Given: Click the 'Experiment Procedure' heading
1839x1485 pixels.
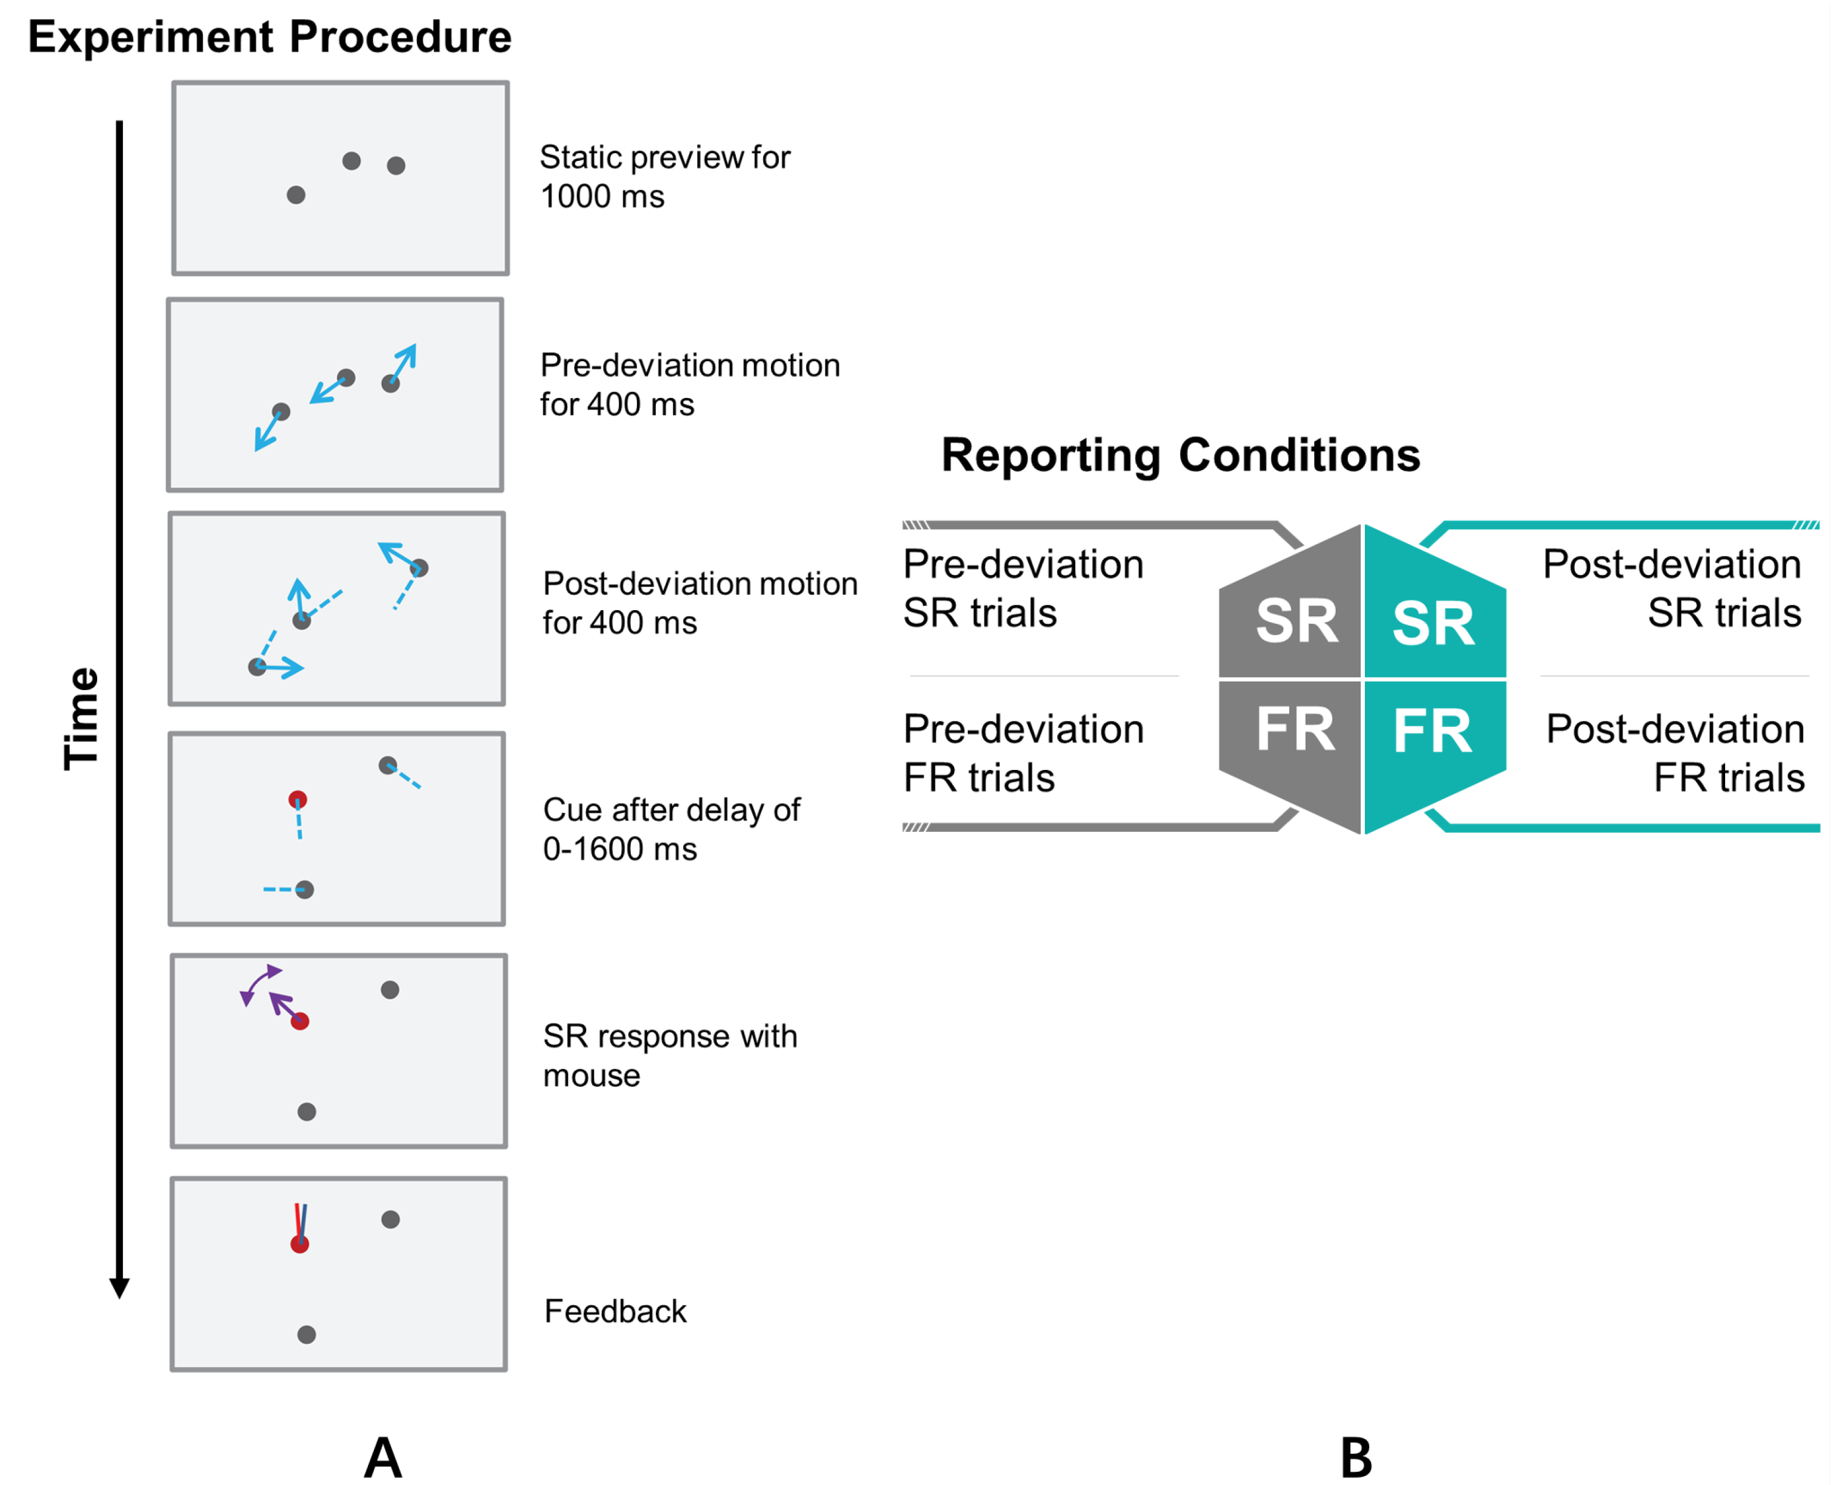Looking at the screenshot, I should [x=270, y=37].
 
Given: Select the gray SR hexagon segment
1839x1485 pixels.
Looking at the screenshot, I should [x=1294, y=616].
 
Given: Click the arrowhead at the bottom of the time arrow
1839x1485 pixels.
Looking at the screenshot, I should [x=120, y=1287].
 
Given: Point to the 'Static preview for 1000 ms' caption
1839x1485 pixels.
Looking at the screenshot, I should [x=664, y=176].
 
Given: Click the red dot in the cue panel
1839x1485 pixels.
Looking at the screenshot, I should [x=298, y=800].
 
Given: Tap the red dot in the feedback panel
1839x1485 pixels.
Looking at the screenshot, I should [x=299, y=1244].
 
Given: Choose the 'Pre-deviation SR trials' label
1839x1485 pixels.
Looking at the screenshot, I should [x=1023, y=589].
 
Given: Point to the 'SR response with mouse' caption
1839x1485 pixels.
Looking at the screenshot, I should [x=669, y=1055].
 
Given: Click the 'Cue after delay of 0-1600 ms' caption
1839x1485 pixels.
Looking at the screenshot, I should [x=671, y=829].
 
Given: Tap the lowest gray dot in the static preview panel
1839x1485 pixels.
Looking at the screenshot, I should [x=296, y=195].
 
